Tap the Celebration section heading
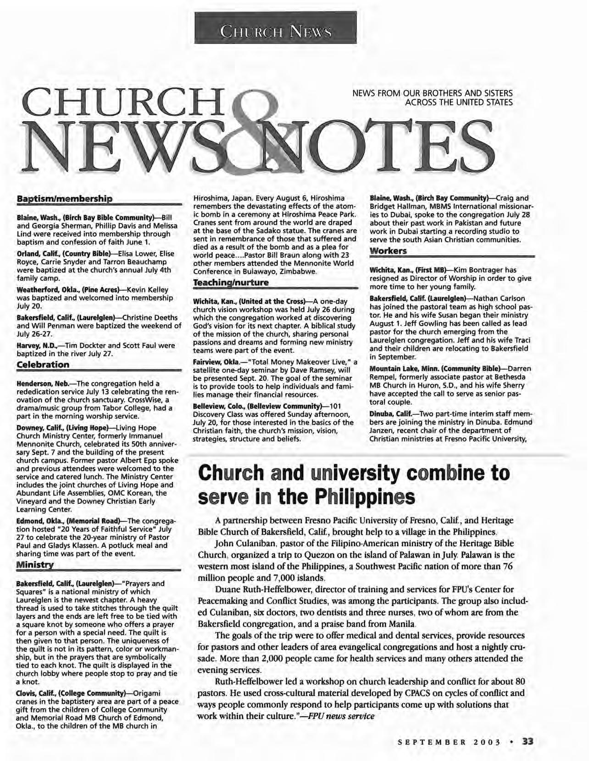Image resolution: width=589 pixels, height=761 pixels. point(43,365)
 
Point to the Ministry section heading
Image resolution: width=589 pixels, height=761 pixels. point(35,564)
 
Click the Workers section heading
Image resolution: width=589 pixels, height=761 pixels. point(388,251)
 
